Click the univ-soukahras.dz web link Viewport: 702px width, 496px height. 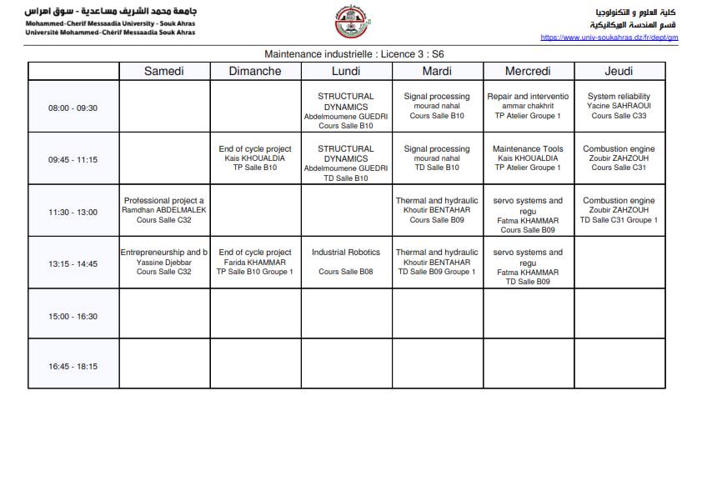pyautogui.click(x=609, y=38)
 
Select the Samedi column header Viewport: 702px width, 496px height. pyautogui.click(x=164, y=71)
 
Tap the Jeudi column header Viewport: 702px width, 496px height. pyautogui.click(x=619, y=71)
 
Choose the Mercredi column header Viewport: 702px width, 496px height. pyautogui.click(x=528, y=71)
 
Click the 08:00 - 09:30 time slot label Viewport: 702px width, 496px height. pyautogui.click(x=73, y=108)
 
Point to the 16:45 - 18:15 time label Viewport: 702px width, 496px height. pyautogui.click(x=73, y=366)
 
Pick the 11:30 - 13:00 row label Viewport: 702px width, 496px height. pyautogui.click(x=73, y=212)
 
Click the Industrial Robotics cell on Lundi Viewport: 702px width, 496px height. pyautogui.click(x=346, y=262)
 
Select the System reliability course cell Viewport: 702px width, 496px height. pyautogui.click(x=619, y=106)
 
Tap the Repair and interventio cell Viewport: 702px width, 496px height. pyautogui.click(x=528, y=106)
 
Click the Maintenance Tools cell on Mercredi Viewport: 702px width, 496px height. pyautogui.click(x=528, y=158)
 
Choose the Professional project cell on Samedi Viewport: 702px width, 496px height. pyautogui.click(x=164, y=210)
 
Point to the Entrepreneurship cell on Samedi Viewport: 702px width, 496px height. pyautogui.click(x=164, y=262)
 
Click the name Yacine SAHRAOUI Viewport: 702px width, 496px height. pyautogui.click(x=619, y=107)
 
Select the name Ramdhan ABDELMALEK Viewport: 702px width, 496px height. pyautogui.click(x=164, y=210)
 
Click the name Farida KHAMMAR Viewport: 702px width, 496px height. pyautogui.click(x=255, y=262)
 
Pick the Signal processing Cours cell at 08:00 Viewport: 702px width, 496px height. pyautogui.click(x=437, y=106)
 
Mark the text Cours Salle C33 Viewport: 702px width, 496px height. pyautogui.click(x=619, y=116)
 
